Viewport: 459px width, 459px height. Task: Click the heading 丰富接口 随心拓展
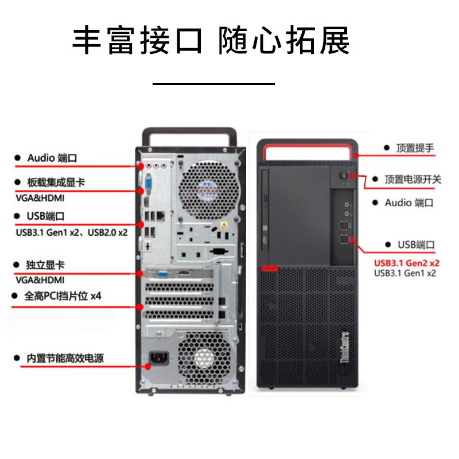tap(211, 41)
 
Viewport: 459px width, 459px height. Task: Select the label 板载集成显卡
tap(56, 183)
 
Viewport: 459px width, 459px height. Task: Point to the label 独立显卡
tap(45, 265)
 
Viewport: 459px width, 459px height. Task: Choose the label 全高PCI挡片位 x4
tap(63, 297)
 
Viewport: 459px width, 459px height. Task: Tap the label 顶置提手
tap(414, 148)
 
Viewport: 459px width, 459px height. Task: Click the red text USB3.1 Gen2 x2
tap(407, 263)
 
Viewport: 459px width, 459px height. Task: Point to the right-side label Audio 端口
tap(409, 203)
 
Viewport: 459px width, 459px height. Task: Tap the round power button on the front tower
tap(347, 177)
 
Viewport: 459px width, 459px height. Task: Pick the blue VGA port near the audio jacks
tap(148, 184)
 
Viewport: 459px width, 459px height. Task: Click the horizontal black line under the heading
tap(213, 84)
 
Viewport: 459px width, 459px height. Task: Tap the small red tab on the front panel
tap(268, 268)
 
